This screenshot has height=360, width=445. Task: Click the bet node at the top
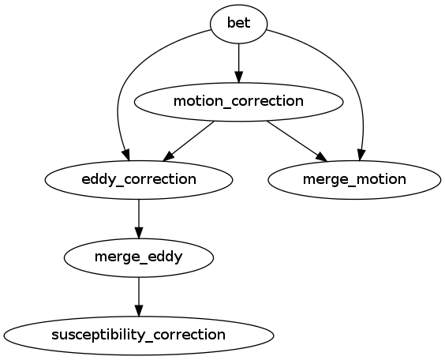(238, 23)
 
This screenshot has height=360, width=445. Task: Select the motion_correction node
(238, 101)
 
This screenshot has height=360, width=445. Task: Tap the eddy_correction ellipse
(139, 179)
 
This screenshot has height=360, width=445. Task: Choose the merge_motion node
(354, 179)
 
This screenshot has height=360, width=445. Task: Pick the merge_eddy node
(139, 257)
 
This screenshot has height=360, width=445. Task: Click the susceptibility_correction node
(139, 335)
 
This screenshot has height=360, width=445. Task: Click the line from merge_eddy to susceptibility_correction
(139, 291)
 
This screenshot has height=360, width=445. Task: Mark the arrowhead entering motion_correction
(238, 76)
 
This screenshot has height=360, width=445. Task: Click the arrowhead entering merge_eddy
(139, 232)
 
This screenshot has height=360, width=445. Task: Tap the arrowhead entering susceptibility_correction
(139, 310)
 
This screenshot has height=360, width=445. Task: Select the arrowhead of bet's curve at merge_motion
(362, 153)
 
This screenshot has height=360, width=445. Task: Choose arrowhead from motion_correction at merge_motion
(320, 154)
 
